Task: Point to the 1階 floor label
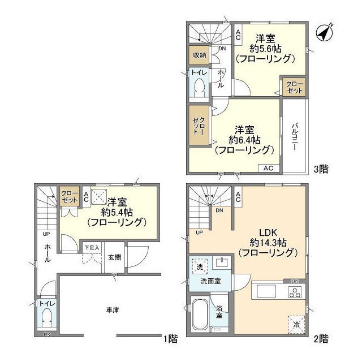pos(171,339)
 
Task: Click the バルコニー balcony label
pos(295,136)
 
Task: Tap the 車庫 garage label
pos(113,310)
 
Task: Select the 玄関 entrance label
pos(114,257)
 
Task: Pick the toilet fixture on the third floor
pos(199,87)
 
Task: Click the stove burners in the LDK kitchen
pos(294,292)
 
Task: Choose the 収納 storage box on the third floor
pos(198,55)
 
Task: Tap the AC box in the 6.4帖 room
pos(269,168)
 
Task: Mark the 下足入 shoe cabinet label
pos(92,247)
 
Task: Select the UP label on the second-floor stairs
pos(199,232)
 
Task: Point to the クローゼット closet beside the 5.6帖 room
pos(295,88)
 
